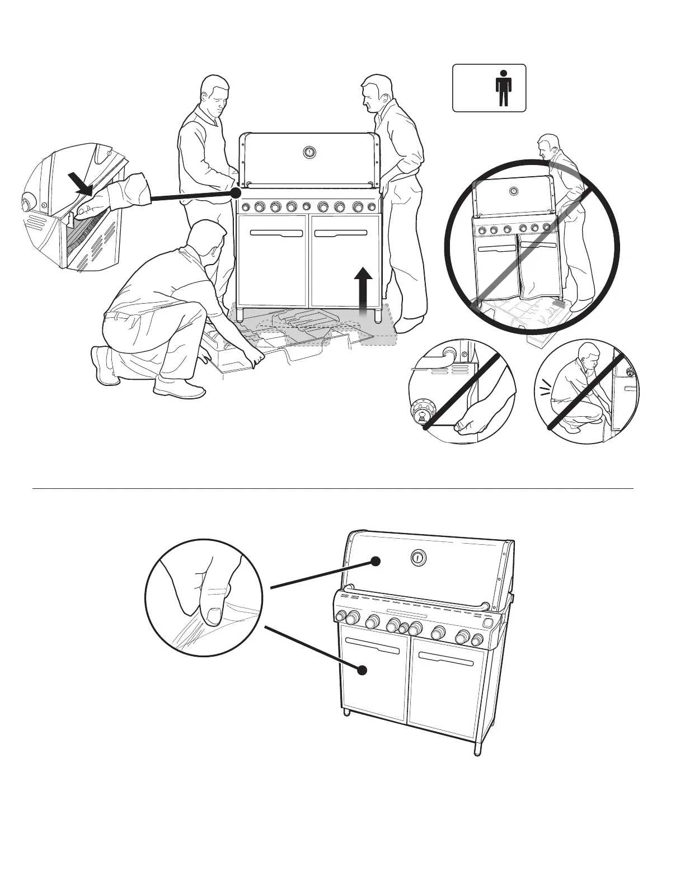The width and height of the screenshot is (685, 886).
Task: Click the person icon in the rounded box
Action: pyautogui.click(x=504, y=88)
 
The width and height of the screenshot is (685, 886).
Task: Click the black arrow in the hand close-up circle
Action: pyautogui.click(x=80, y=184)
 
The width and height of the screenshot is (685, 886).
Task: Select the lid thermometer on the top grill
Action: pyautogui.click(x=309, y=152)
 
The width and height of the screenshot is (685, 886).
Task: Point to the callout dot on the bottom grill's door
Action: pyautogui.click(x=363, y=670)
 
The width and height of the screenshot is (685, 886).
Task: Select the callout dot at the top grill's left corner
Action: pyautogui.click(x=236, y=192)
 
